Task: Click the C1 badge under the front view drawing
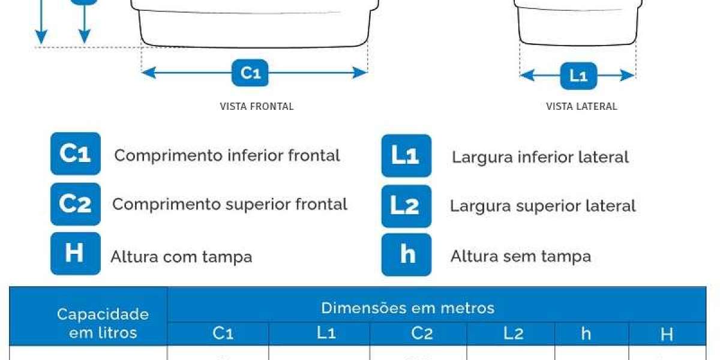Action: click(x=250, y=73)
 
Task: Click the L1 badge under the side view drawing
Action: click(x=578, y=76)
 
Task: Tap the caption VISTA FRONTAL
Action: click(x=257, y=106)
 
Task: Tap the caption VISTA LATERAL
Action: click(x=581, y=106)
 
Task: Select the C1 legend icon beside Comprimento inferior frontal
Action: click(x=76, y=154)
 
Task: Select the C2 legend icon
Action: click(x=76, y=204)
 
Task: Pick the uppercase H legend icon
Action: click(x=76, y=254)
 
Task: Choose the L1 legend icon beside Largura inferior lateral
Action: click(x=407, y=155)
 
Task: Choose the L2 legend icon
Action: click(x=407, y=206)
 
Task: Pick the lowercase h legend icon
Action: click(x=407, y=254)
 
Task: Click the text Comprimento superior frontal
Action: click(x=230, y=205)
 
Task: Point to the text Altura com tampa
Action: click(x=181, y=257)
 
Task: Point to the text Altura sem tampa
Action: click(x=521, y=257)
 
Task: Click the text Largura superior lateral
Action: click(x=542, y=206)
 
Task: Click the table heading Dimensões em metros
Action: click(x=407, y=308)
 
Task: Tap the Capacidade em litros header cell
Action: click(x=103, y=323)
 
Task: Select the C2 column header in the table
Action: click(x=422, y=334)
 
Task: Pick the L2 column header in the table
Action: click(x=514, y=334)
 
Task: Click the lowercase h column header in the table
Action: click(x=586, y=334)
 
